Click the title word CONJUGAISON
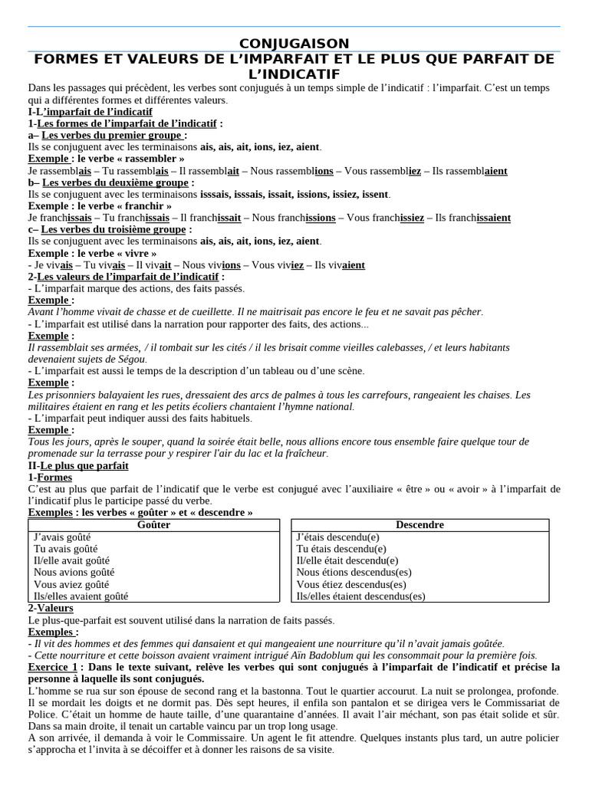[x=294, y=44]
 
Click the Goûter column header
[x=153, y=525]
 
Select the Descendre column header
[x=420, y=525]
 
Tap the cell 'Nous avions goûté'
[x=74, y=572]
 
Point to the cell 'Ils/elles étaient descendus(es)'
[x=360, y=596]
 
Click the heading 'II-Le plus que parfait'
[x=78, y=465]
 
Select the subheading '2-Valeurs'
[x=51, y=608]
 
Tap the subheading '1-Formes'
[x=50, y=477]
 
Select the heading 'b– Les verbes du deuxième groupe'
[x=109, y=183]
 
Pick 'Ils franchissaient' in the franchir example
[x=472, y=218]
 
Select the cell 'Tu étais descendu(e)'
[x=341, y=549]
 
